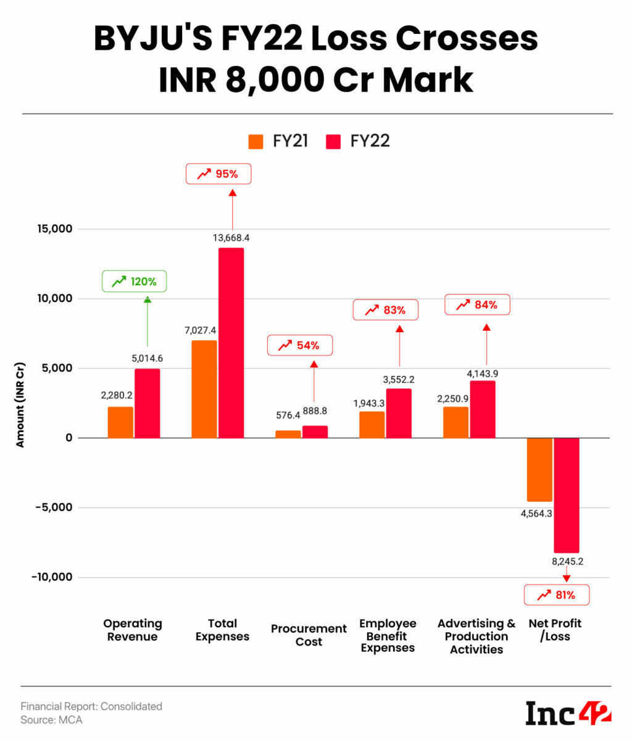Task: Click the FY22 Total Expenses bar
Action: click(x=231, y=343)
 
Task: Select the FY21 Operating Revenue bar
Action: click(x=120, y=422)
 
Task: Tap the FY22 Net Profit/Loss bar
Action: click(x=567, y=495)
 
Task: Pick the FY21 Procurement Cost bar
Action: click(x=288, y=434)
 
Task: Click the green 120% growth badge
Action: click(x=135, y=282)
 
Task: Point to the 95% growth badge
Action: click(x=218, y=174)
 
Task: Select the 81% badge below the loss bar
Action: click(x=557, y=595)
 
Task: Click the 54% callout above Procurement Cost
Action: click(x=299, y=345)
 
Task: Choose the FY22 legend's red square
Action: click(x=333, y=141)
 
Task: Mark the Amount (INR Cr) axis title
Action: click(x=20, y=404)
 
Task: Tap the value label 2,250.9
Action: click(x=455, y=398)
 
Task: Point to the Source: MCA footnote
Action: click(x=51, y=720)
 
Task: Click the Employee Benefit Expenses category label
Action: click(x=388, y=636)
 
